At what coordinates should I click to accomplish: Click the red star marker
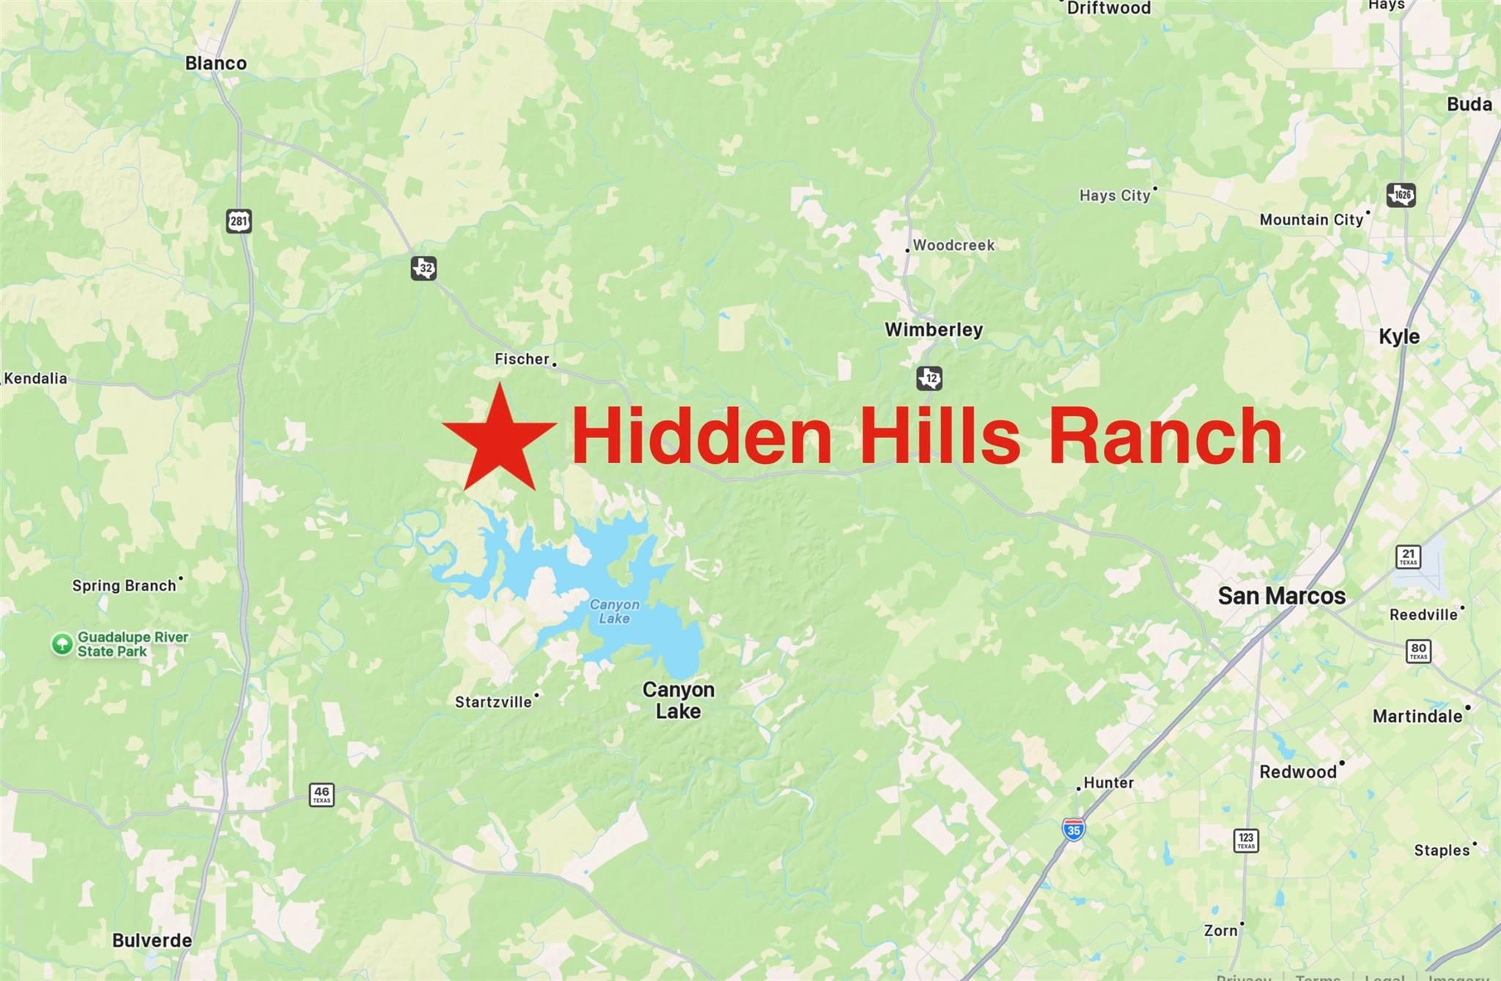[499, 440]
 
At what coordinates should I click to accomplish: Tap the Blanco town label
[215, 64]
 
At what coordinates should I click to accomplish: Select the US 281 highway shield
[239, 221]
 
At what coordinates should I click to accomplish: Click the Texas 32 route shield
[424, 268]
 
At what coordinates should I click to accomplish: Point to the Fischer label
[522, 359]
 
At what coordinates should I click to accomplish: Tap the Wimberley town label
[933, 330]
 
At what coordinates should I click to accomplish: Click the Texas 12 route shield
[929, 379]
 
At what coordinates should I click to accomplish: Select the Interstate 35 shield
[1074, 829]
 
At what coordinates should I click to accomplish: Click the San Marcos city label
[1281, 596]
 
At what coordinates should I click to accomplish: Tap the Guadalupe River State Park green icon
[62, 644]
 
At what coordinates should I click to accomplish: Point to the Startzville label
[493, 702]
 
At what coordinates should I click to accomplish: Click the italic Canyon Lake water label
[614, 611]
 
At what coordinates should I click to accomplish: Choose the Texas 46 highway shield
[322, 794]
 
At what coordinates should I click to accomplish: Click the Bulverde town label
[152, 940]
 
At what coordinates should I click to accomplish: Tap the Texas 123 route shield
[1246, 840]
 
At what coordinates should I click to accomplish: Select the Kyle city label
[1398, 337]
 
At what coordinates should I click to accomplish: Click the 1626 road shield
[1401, 195]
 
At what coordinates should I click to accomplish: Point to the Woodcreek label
[953, 245]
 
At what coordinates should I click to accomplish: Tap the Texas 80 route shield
[1418, 651]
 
